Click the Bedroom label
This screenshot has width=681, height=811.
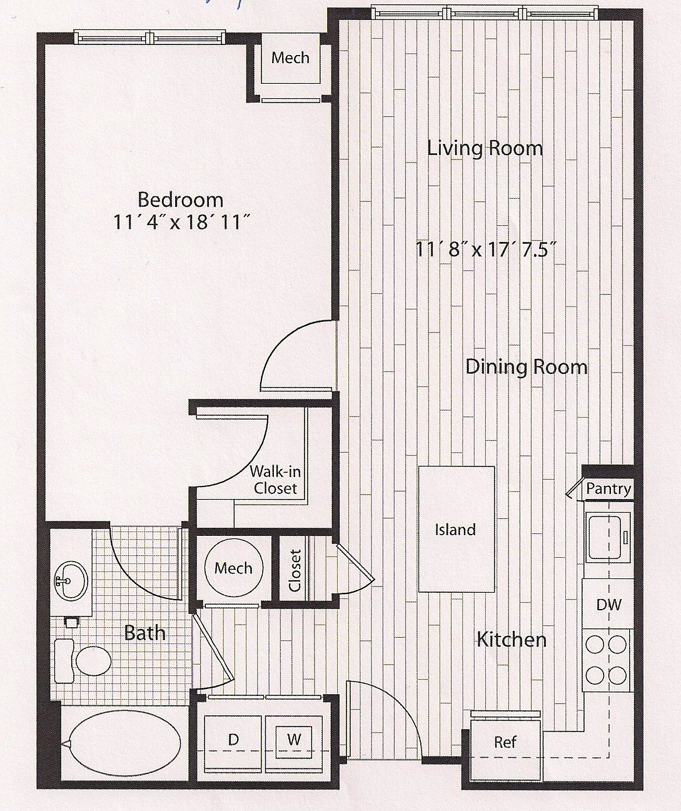pos(181,200)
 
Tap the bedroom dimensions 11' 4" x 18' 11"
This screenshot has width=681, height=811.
pos(181,223)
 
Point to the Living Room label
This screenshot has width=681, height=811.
pos(485,148)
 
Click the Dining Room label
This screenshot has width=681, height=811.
pos(527,366)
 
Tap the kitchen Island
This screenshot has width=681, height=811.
pos(456,529)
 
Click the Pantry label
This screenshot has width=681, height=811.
pos(608,488)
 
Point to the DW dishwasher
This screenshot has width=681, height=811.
pos(608,604)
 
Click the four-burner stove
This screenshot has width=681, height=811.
pos(606,660)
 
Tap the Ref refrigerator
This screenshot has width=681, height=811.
pos(505,743)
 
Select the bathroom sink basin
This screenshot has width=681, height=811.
pos(71,582)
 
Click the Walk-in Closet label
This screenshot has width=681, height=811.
pos(275,480)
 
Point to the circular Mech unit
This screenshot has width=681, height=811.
pos(233,568)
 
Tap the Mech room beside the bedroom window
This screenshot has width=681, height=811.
pos(291,58)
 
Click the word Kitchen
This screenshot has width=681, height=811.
pos(512,639)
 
